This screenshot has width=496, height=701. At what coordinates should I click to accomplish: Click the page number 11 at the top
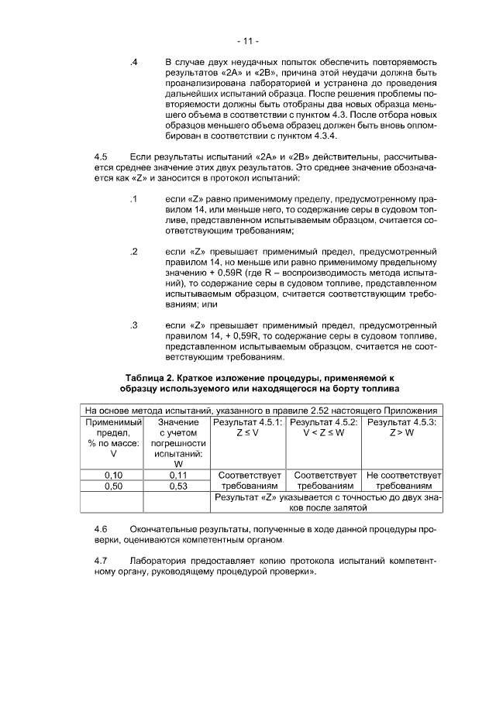point(248,40)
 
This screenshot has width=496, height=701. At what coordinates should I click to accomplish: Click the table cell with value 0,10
point(113,474)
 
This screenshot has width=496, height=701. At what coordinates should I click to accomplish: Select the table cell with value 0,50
point(113,486)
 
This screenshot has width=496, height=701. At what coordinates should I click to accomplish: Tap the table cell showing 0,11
point(178,474)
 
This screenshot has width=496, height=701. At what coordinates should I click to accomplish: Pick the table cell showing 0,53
point(178,486)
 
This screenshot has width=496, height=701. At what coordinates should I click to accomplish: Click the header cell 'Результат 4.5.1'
point(248,422)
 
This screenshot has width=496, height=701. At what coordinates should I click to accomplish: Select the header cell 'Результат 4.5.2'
point(323,422)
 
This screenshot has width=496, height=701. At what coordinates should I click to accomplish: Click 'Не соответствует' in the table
point(403,474)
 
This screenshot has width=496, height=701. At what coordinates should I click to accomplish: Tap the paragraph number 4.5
point(99,156)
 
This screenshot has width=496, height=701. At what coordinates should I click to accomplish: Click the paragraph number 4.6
point(99,527)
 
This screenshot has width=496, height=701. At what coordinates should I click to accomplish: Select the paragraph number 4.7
point(99,559)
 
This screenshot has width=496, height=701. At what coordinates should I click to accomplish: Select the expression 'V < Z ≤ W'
point(323,434)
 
